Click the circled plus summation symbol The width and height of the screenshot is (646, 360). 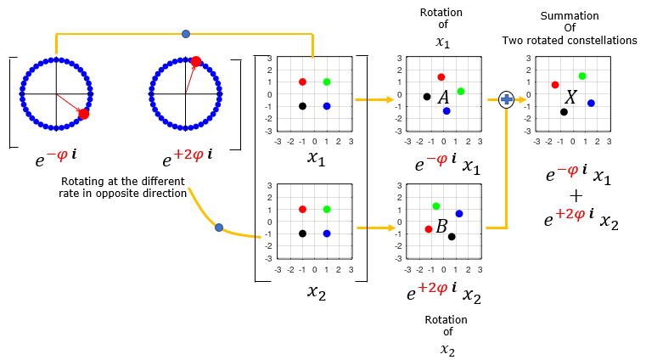click(506, 99)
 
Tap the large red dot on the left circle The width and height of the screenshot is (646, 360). click(84, 114)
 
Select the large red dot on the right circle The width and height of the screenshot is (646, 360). click(196, 61)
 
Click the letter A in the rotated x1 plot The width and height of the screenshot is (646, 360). click(443, 97)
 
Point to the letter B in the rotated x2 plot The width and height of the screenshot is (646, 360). click(441, 226)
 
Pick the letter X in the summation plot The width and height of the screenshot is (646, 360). click(570, 97)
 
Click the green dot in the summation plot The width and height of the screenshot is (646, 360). click(582, 76)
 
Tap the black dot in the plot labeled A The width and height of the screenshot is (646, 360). click(427, 97)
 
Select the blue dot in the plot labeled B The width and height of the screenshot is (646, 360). click(459, 213)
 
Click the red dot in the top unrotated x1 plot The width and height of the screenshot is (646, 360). click(302, 82)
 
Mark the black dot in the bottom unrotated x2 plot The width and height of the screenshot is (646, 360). click(302, 233)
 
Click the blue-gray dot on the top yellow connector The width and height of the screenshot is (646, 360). click(186, 34)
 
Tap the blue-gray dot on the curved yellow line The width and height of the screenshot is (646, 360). click(219, 228)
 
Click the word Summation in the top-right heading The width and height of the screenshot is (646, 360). click(570, 15)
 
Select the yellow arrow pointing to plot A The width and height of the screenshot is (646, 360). click(374, 99)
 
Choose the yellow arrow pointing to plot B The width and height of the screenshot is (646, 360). click(376, 228)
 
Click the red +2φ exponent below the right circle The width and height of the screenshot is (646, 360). click(188, 155)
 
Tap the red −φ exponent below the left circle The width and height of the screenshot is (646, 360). click(57, 155)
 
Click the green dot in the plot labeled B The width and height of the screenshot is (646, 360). click(435, 206)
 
